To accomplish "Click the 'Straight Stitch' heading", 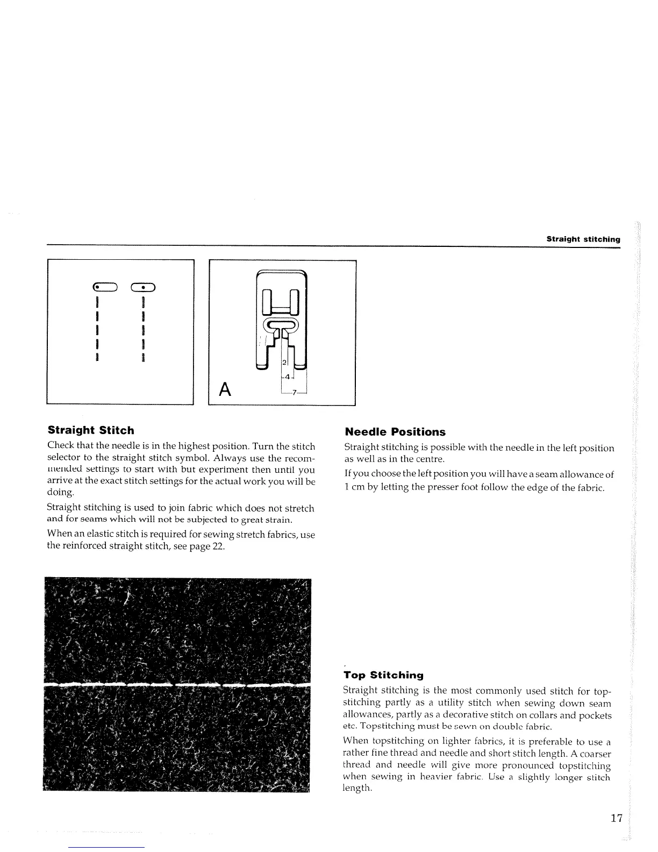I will coord(91,430).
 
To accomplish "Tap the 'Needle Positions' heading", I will coord(395,432).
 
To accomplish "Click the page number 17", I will coord(616,819).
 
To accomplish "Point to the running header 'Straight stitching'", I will coord(583,239).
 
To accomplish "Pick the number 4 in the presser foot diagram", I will coord(288,377).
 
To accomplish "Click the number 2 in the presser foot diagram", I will coord(284,362).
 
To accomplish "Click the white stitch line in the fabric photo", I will coord(177,685).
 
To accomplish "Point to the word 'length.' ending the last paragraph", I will coord(357,788).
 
